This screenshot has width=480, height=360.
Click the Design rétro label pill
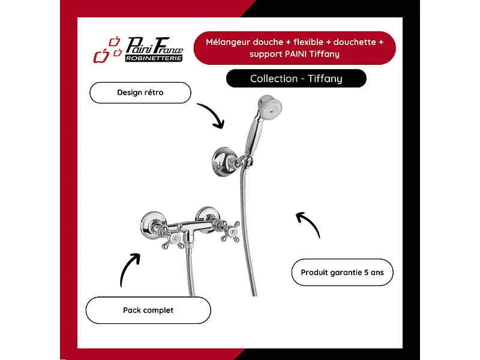point(140,92)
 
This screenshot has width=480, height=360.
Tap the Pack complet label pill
point(148,310)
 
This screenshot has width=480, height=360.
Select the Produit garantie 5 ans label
point(342,272)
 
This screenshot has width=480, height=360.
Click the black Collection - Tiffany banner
point(296,79)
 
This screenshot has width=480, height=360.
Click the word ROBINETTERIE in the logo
point(154,58)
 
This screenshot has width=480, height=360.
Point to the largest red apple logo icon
point(101,56)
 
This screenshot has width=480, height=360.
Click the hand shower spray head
point(270,107)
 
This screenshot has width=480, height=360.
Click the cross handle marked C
point(173,238)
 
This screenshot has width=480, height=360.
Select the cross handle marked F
point(230,232)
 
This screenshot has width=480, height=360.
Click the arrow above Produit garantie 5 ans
point(310,223)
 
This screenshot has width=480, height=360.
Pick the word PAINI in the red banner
point(296,54)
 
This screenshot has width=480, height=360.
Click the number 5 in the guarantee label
point(366,272)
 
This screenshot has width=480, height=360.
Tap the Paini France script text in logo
point(155,46)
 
